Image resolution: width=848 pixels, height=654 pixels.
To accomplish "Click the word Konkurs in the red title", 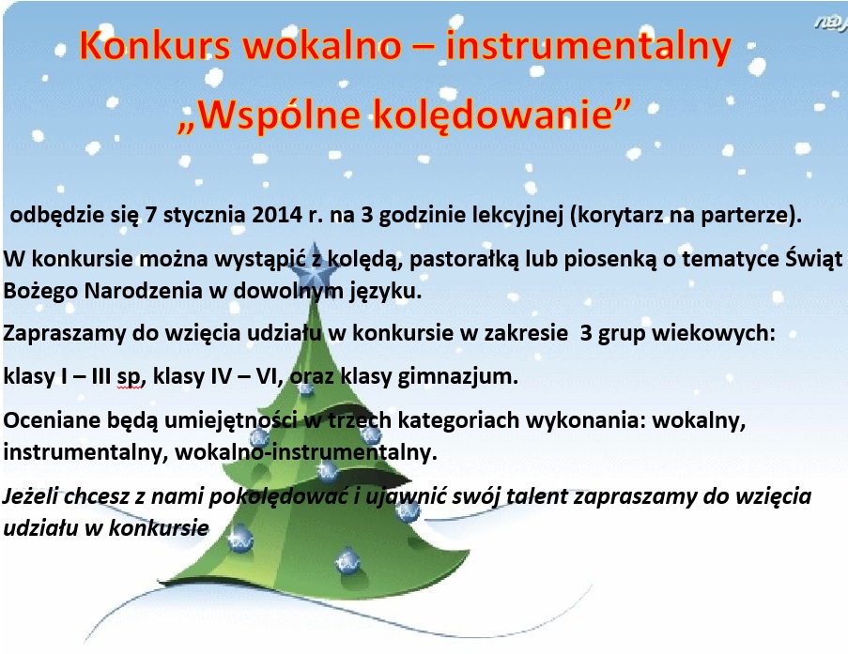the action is (x=155, y=45).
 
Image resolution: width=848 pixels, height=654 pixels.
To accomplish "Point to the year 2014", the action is (x=276, y=215).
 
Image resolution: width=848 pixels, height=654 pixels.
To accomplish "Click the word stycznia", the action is (x=204, y=216).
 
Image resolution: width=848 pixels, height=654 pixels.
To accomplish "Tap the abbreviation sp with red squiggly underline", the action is (x=129, y=376).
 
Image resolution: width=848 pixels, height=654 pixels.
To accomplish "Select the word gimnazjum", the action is (x=457, y=376).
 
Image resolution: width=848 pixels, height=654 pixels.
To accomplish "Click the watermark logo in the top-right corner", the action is (x=831, y=23).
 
